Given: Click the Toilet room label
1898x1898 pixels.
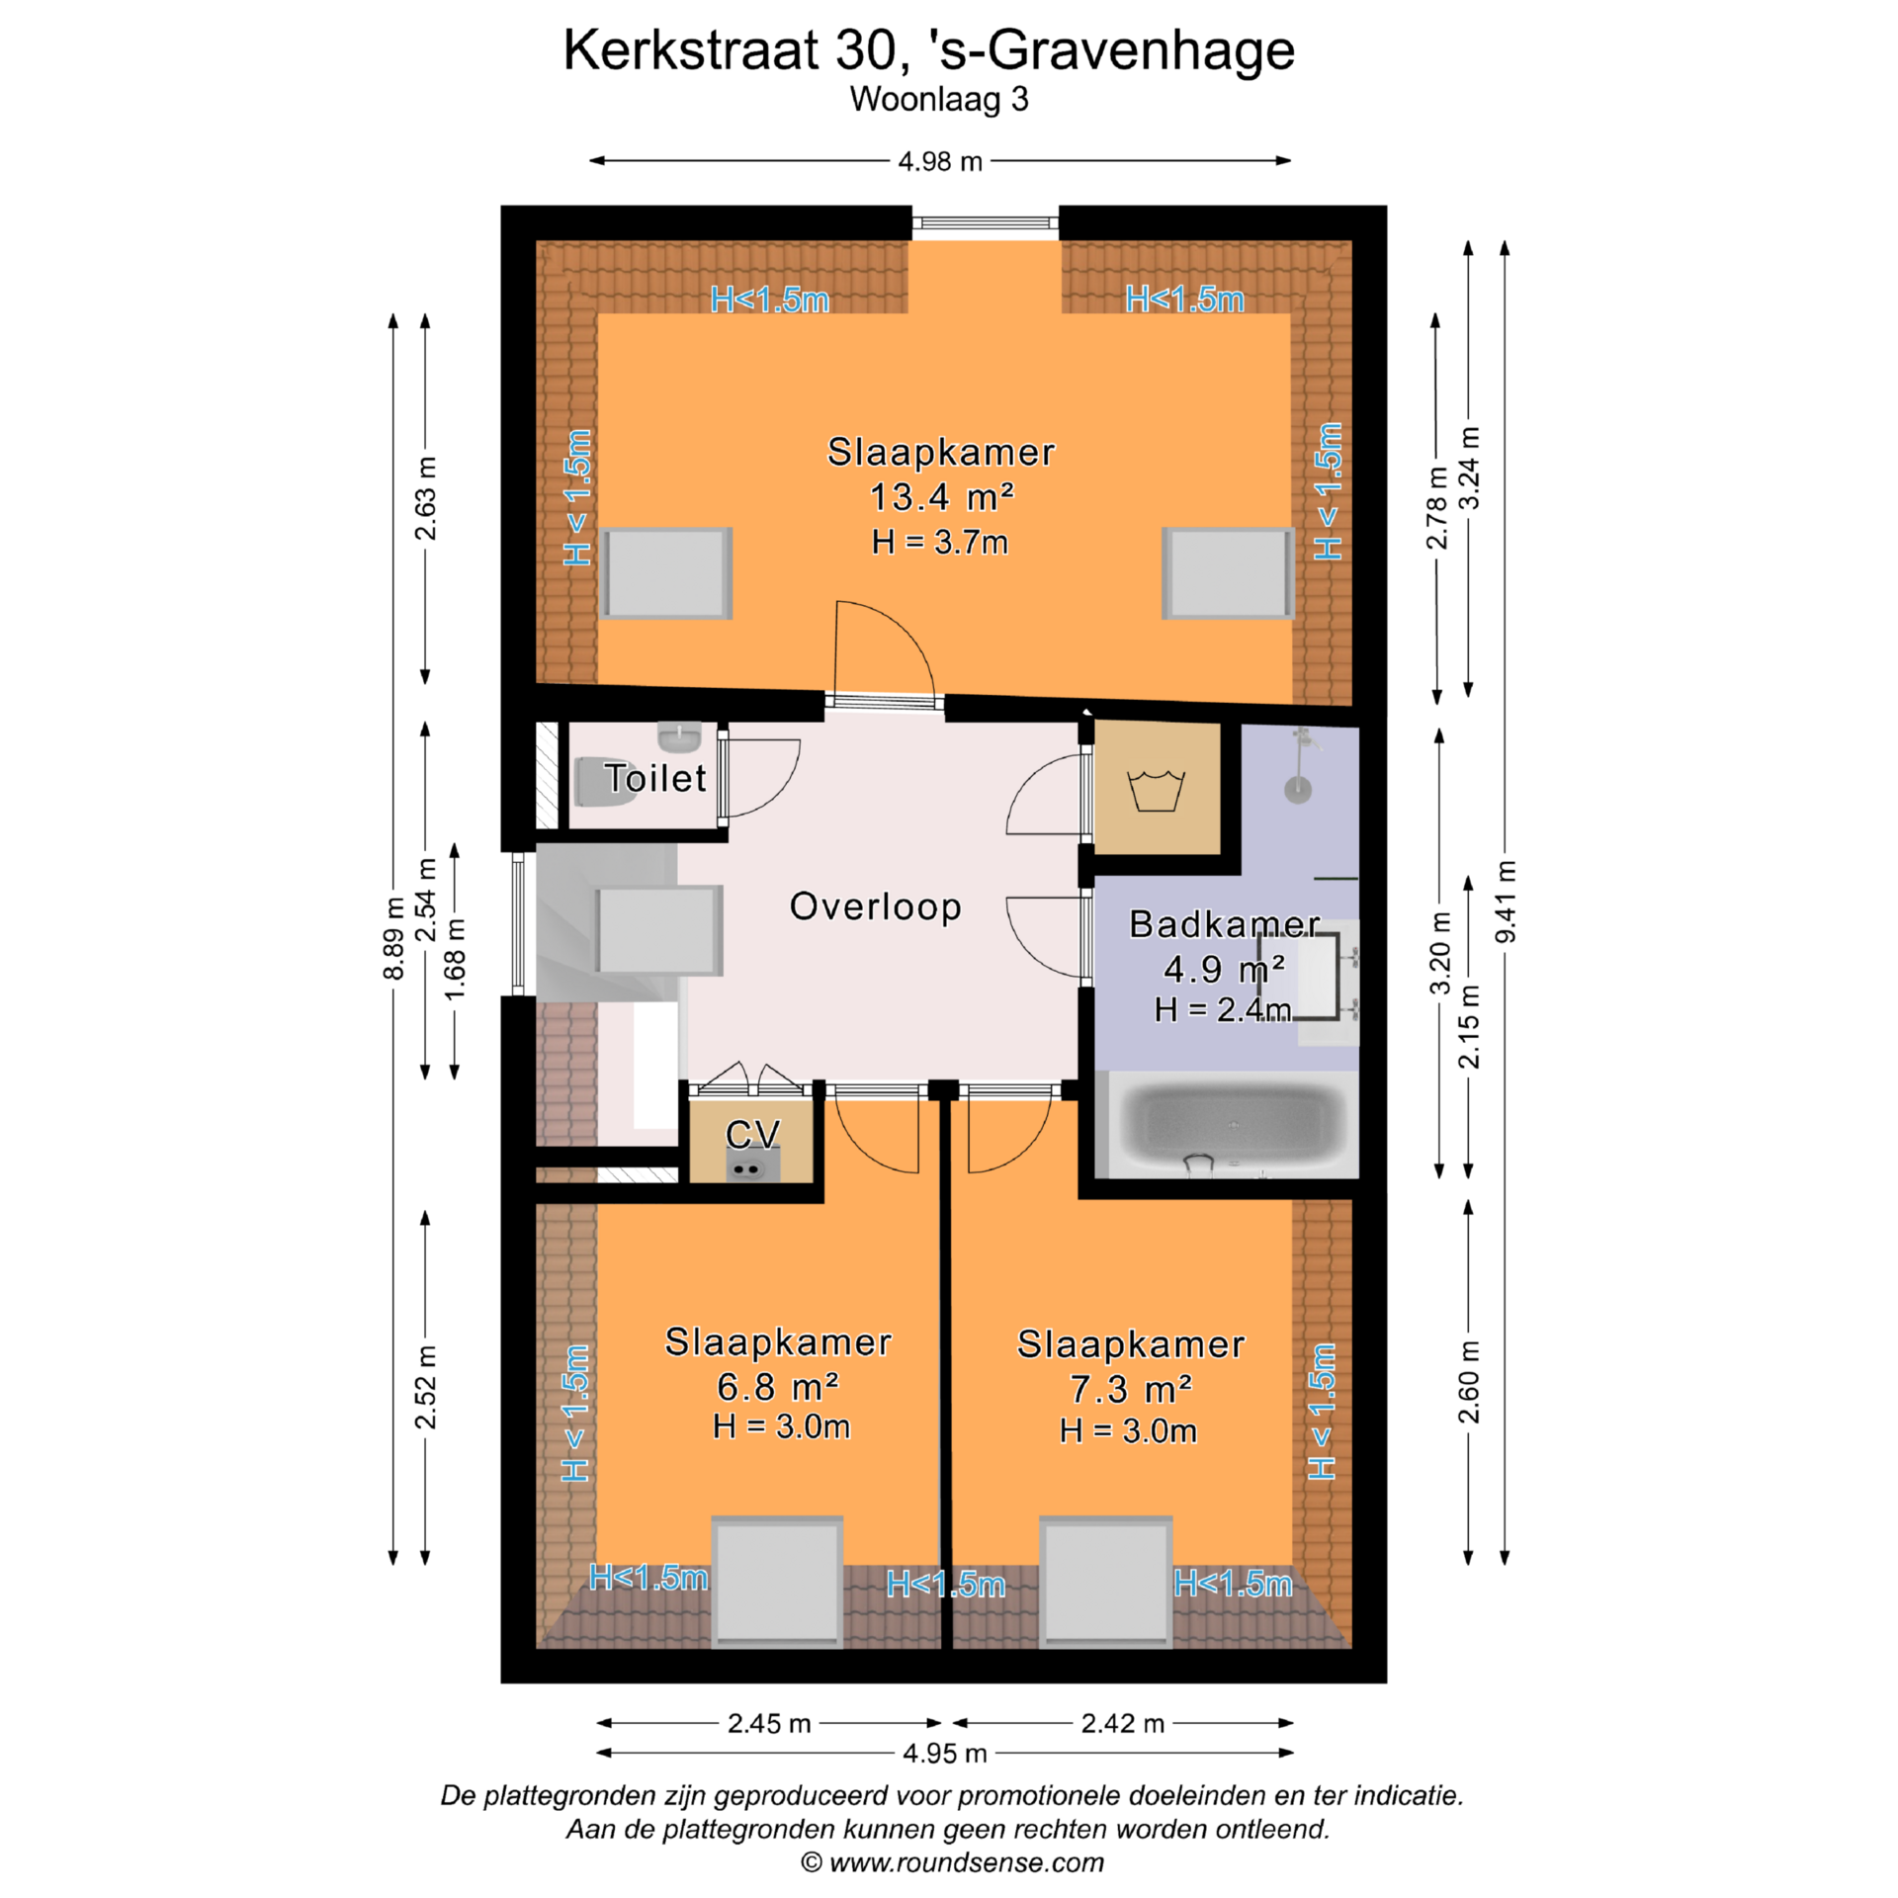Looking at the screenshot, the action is tap(655, 778).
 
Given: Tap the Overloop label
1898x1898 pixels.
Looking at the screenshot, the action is tap(875, 906).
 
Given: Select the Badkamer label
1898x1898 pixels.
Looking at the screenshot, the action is tap(1224, 924).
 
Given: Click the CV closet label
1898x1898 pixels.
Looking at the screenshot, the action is tap(752, 1134).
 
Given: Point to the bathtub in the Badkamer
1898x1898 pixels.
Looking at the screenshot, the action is tap(1233, 1126).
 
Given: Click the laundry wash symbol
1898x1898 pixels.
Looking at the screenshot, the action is tap(1157, 791).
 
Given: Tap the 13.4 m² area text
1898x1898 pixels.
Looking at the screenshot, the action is tap(941, 497).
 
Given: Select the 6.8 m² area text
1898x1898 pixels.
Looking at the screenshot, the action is tap(778, 1388).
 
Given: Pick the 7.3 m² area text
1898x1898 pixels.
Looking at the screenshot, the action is tap(1131, 1390).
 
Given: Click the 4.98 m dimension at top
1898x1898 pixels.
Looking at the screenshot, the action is tap(940, 161).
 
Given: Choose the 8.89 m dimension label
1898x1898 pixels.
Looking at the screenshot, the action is tap(393, 938).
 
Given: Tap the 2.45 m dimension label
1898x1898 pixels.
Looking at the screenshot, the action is tap(769, 1724).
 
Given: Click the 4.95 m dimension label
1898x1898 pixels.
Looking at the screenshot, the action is tap(945, 1754).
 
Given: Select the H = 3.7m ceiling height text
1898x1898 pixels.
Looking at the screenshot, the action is tap(940, 542).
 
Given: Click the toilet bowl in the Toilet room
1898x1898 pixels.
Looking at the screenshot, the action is tap(604, 782).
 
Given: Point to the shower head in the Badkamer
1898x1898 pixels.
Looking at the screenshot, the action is tap(1298, 789).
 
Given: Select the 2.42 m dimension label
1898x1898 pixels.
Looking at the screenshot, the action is tap(1123, 1724).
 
